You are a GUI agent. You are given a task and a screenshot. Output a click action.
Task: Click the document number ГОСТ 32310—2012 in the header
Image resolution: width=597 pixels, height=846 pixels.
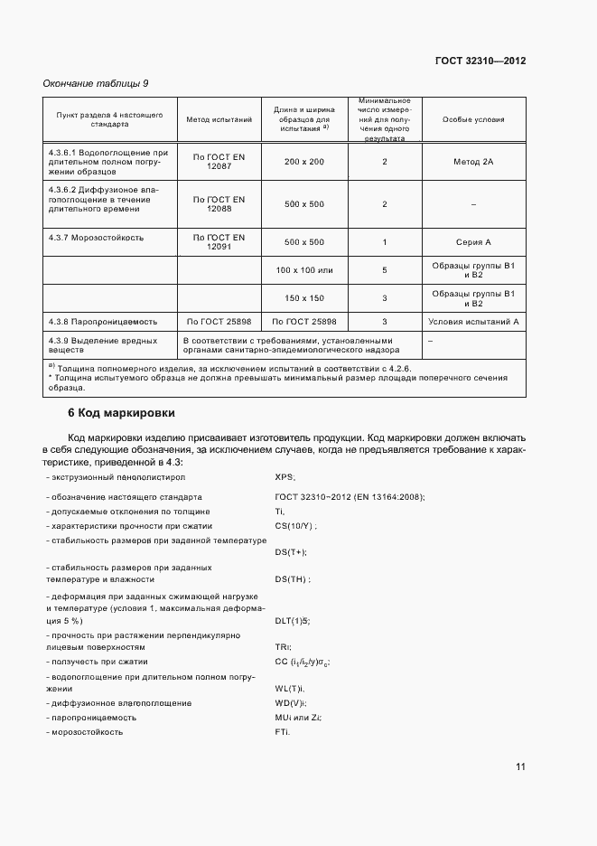(480, 61)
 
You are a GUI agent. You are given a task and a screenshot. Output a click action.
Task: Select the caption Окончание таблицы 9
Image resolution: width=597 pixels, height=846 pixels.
(96, 83)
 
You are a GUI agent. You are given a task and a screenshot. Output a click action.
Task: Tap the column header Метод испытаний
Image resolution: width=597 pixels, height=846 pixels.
(219, 119)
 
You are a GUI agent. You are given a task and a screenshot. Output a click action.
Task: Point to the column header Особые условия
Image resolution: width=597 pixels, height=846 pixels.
(474, 119)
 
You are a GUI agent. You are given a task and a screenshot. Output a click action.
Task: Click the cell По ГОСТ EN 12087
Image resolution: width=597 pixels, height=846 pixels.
(219, 161)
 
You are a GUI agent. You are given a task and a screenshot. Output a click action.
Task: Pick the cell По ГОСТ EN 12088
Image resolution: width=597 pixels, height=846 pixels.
(219, 203)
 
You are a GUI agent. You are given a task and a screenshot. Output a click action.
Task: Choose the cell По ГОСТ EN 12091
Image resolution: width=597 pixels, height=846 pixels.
(219, 241)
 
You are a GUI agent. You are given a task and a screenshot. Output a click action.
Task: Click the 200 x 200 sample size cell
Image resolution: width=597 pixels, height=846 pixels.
(303, 161)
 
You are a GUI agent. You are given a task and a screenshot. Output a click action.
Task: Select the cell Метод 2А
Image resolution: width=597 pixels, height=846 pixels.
(474, 161)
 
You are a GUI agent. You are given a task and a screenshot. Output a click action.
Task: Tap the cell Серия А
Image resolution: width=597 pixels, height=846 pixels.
(474, 242)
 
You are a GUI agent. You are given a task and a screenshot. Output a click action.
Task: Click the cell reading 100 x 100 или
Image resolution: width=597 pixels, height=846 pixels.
(303, 270)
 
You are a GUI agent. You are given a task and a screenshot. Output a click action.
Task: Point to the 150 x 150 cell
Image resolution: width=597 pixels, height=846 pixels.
(303, 297)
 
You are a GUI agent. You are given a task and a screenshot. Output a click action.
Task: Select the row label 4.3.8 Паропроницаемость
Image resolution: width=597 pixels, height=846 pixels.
(103, 321)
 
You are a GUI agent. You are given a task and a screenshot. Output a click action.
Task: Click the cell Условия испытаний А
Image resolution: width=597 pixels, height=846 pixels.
(474, 321)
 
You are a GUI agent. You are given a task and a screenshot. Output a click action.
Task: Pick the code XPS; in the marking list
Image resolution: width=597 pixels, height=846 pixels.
(285, 476)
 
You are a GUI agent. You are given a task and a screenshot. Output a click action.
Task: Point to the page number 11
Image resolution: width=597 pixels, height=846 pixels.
(520, 766)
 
